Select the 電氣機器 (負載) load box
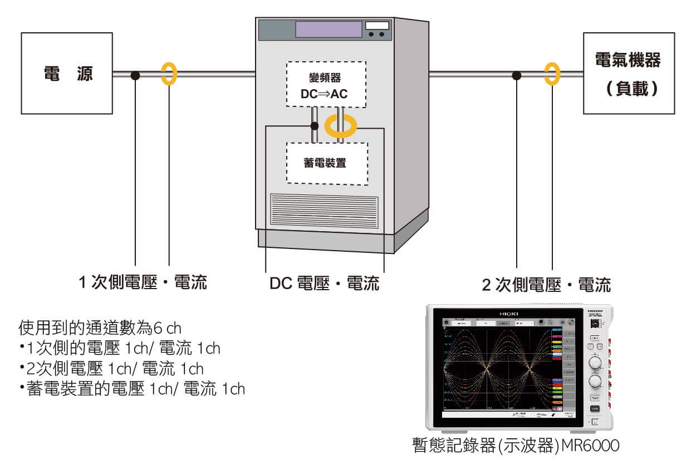(628, 73)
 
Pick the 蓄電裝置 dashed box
(327, 163)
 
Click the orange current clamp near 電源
(168, 74)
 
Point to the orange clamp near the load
(551, 74)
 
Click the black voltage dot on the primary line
(135, 74)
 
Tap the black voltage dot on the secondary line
(517, 74)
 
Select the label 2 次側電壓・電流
(546, 285)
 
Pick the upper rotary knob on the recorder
(595, 363)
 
